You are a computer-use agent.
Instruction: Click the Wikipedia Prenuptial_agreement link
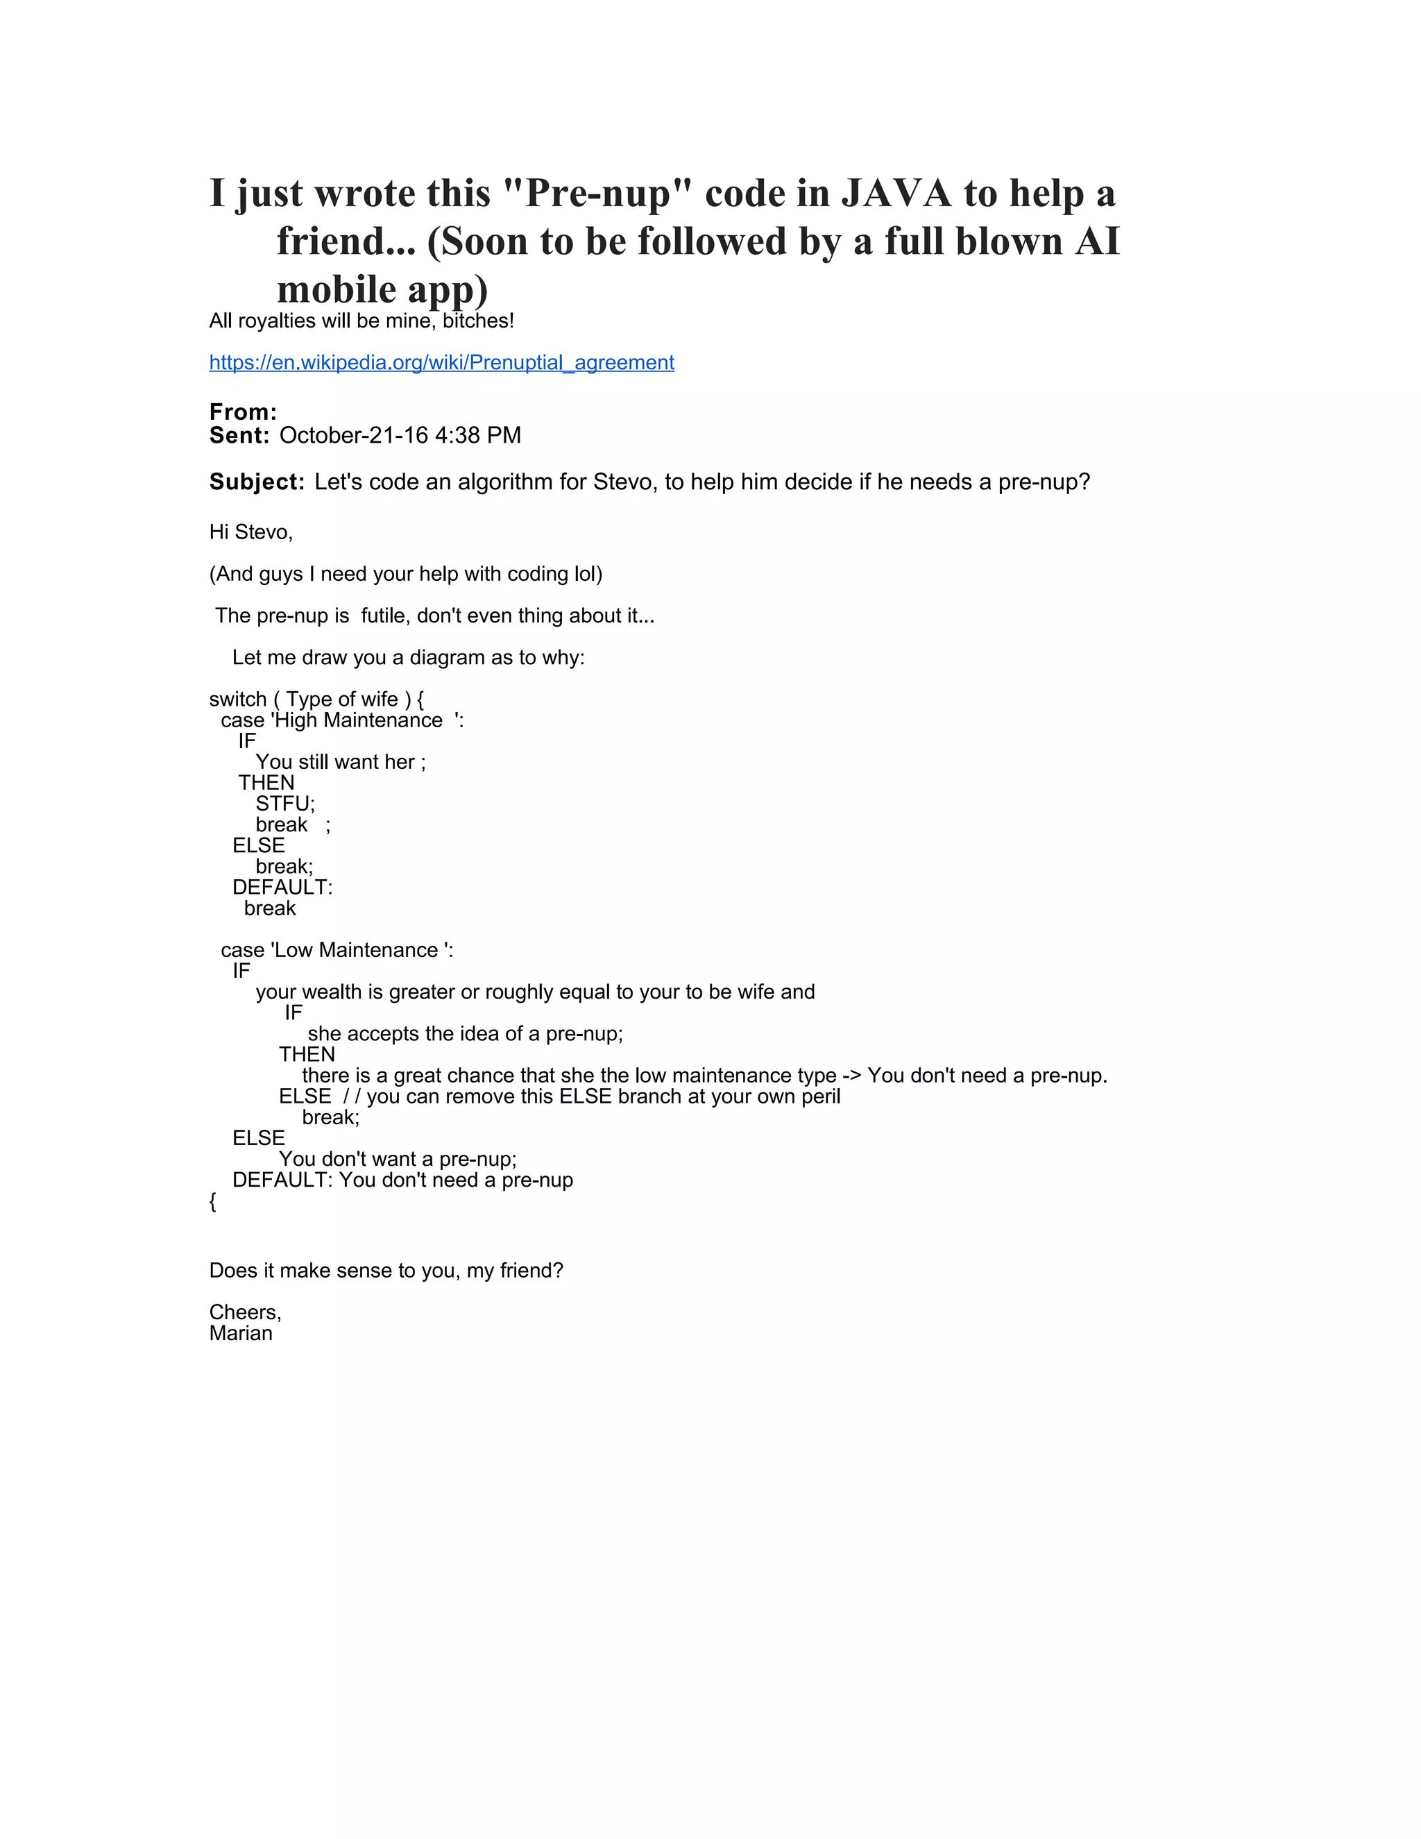click(441, 363)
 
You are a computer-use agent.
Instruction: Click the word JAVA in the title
click(896, 194)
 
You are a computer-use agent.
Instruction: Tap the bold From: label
click(242, 412)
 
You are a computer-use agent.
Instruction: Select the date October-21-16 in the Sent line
click(354, 435)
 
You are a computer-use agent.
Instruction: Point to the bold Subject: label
click(257, 482)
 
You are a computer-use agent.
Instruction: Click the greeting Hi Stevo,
click(251, 532)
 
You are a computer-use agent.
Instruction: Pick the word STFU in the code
click(283, 804)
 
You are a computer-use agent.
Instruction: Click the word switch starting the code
click(237, 699)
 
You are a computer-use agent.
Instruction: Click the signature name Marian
click(241, 1333)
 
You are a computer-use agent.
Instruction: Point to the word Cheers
click(244, 1312)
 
